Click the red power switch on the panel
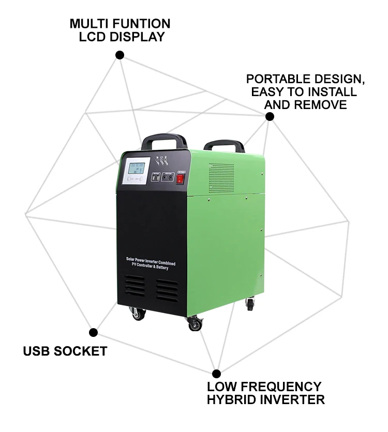coord(181,179)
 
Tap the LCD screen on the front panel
coord(137,169)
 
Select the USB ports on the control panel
coord(155,177)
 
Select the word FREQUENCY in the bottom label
coord(282,387)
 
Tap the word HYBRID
coord(232,399)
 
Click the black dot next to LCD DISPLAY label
coord(120,55)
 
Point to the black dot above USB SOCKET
coord(94,332)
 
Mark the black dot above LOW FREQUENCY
coord(217,373)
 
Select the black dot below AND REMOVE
coord(270,117)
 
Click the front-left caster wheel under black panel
coord(138,313)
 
